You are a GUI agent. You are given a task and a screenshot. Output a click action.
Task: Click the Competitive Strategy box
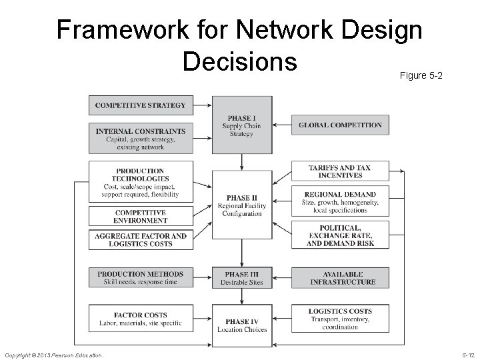[141, 105]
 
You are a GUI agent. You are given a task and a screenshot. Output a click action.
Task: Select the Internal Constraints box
[141, 139]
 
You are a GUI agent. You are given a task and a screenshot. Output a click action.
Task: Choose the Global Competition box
[340, 125]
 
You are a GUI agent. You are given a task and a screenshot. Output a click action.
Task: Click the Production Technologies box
[141, 182]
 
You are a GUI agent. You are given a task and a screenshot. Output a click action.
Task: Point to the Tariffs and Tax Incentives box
[340, 171]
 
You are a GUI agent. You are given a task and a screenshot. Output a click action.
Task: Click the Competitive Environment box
[141, 216]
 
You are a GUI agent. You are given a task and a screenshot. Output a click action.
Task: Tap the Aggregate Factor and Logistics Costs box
[141, 240]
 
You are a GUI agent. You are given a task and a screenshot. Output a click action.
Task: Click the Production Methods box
[141, 278]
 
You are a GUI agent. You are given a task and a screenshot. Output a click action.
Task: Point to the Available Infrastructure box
[340, 278]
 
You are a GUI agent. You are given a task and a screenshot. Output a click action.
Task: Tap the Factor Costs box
[141, 319]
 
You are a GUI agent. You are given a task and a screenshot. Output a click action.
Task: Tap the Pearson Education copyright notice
[54, 356]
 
